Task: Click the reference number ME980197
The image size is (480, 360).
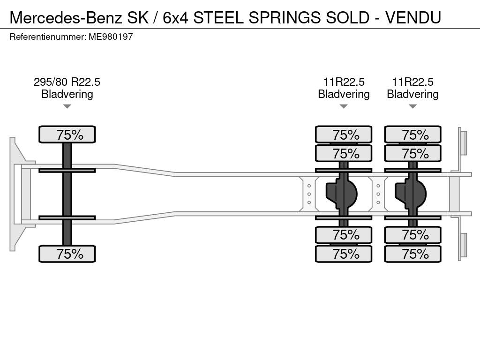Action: click(111, 37)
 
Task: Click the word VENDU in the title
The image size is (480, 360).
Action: click(413, 17)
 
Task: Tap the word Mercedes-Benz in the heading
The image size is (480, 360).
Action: click(66, 17)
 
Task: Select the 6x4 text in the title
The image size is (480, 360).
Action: click(175, 17)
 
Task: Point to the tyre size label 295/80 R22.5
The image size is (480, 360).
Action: click(67, 82)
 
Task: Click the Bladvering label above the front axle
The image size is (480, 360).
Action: click(67, 94)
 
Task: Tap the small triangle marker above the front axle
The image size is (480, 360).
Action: click(67, 106)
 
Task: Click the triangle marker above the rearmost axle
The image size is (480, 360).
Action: click(412, 106)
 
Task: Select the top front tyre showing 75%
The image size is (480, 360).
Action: click(67, 135)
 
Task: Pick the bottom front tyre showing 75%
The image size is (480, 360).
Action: click(67, 254)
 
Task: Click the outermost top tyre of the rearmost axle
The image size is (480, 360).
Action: click(412, 135)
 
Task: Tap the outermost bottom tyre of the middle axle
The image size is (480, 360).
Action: click(344, 254)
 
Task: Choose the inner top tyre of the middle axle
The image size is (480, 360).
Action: click(344, 153)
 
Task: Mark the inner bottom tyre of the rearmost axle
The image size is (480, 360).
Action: click(412, 235)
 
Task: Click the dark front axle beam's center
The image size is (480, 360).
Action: click(67, 194)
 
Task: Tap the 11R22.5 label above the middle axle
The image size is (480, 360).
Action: click(344, 82)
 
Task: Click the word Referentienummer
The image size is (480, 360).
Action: click(48, 37)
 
